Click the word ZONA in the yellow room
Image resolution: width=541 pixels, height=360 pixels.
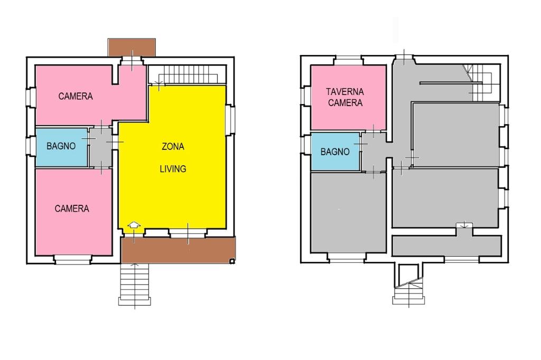tap(173, 147)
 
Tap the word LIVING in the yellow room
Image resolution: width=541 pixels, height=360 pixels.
tap(173, 169)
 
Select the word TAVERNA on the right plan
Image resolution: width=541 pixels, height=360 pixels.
tap(345, 92)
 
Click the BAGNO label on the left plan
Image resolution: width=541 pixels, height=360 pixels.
tap(61, 146)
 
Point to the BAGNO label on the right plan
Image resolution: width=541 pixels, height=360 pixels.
tap(335, 151)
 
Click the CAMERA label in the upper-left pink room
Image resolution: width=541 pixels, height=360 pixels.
tap(76, 96)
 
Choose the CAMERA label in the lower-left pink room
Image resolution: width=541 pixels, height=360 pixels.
tap(72, 209)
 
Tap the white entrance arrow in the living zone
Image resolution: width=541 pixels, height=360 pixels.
tap(134, 225)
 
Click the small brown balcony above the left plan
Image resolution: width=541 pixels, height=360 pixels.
tap(132, 47)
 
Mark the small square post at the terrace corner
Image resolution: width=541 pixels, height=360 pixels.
tap(232, 261)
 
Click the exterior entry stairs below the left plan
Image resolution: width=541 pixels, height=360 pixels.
tap(135, 285)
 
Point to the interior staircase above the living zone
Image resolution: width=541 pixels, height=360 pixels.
tap(188, 74)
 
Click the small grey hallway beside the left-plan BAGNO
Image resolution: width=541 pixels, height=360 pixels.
tap(101, 148)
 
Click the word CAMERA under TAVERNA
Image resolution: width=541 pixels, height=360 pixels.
tap(345, 103)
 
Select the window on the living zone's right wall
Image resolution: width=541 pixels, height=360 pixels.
tap(230, 120)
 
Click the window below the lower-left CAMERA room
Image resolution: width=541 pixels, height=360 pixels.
tap(72, 260)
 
